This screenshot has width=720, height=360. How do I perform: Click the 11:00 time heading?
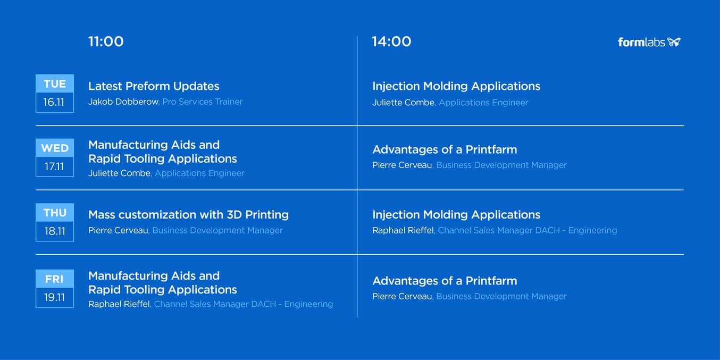click(x=106, y=41)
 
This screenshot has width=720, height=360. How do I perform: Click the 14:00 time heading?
click(x=391, y=41)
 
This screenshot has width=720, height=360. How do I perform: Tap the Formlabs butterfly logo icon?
click(x=674, y=42)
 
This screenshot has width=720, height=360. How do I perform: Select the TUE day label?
click(x=55, y=84)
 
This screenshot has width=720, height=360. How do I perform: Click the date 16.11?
click(x=54, y=102)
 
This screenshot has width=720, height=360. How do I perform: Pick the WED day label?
click(x=55, y=148)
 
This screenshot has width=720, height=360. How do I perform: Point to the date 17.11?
click(x=54, y=166)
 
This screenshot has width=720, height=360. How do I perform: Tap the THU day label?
click(x=55, y=213)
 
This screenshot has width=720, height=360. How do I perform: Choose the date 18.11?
click(x=55, y=231)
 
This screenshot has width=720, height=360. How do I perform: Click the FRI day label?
click(x=54, y=279)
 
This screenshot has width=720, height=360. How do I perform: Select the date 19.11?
click(x=54, y=297)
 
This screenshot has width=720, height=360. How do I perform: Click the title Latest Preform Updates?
click(x=154, y=86)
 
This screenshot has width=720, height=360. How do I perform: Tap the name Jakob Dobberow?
click(x=123, y=102)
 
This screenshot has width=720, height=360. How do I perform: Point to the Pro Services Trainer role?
click(x=202, y=102)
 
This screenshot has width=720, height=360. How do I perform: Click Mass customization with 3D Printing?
click(x=188, y=215)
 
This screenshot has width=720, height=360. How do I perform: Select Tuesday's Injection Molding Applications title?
click(x=456, y=86)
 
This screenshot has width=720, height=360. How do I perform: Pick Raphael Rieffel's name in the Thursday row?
click(x=403, y=230)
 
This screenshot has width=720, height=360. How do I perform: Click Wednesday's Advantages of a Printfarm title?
click(x=445, y=150)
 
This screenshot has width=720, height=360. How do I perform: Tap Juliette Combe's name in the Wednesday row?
click(x=119, y=173)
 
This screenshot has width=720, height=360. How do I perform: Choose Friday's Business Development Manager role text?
click(x=501, y=296)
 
